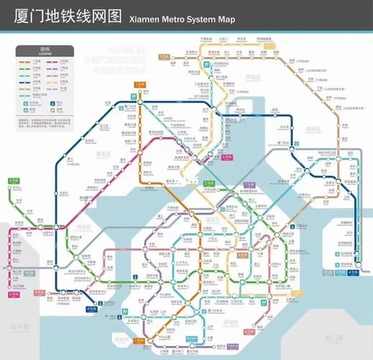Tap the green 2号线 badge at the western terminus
(x=13, y=181)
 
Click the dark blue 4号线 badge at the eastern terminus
(x=353, y=273)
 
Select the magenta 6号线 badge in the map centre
(x=206, y=157)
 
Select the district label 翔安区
(x=315, y=130)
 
